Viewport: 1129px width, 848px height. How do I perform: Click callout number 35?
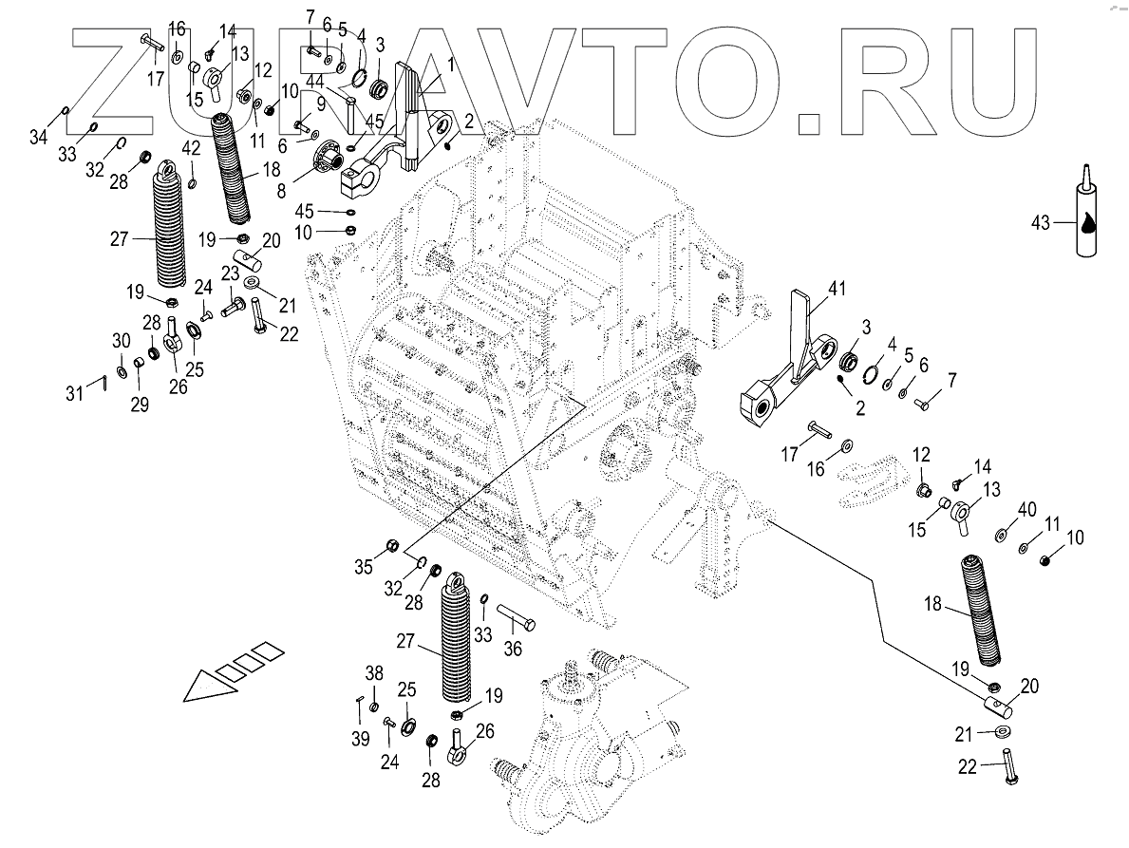363,568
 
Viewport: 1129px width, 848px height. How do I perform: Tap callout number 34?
38,139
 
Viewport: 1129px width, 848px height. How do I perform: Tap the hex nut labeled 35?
390,546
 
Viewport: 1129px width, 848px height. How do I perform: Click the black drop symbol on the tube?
1086,224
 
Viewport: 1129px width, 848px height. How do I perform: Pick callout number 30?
121,341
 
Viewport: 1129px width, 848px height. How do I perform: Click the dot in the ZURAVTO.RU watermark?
815,122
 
